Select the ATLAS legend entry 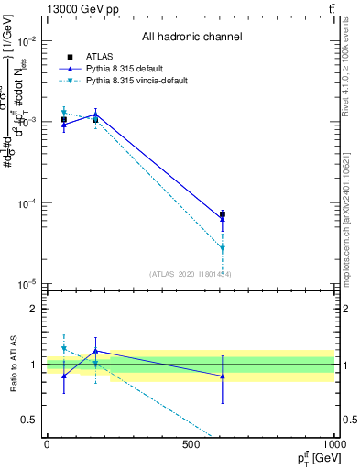coord(99,56)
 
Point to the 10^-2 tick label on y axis coord(27,41)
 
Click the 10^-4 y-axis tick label coord(27,203)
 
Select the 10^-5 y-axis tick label coord(27,284)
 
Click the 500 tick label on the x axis coord(191,444)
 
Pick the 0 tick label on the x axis coord(47,444)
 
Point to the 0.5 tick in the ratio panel coord(30,420)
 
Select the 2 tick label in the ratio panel coord(35,309)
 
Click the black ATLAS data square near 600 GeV coord(223,214)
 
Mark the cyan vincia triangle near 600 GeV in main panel coord(223,247)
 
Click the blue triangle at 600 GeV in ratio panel coord(223,376)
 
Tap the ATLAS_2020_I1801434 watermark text coord(191,274)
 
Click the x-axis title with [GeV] coord(312,458)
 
